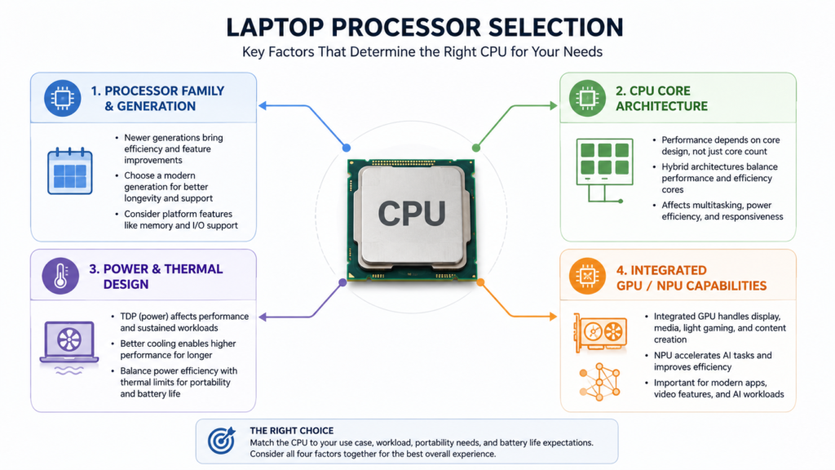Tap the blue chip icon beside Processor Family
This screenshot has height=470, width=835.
pyautogui.click(x=62, y=98)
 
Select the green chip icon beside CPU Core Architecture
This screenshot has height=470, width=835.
pyautogui.click(x=587, y=98)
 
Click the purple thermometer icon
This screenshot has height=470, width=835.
pyautogui.click(x=60, y=276)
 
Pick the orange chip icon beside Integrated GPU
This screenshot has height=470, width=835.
pyautogui.click(x=587, y=276)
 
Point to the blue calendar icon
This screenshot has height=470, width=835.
pyautogui.click(x=70, y=171)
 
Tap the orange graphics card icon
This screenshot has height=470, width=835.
pyautogui.click(x=600, y=333)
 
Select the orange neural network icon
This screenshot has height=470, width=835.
pyautogui.click(x=600, y=382)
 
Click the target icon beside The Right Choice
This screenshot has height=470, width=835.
pyautogui.click(x=222, y=440)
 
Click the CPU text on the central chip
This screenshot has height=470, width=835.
pyautogui.click(x=412, y=214)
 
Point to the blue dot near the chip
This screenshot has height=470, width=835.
pyautogui.click(x=347, y=148)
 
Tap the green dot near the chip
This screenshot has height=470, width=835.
pyautogui.click(x=476, y=148)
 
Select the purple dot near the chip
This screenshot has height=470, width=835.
pyautogui.click(x=343, y=282)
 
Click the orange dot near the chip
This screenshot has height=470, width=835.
pyautogui.click(x=480, y=282)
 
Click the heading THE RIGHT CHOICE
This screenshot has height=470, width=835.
pyautogui.click(x=292, y=431)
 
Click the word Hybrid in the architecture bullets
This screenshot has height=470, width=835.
pyautogui.click(x=675, y=166)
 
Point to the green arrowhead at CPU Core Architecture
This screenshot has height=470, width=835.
pyautogui.click(x=554, y=105)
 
